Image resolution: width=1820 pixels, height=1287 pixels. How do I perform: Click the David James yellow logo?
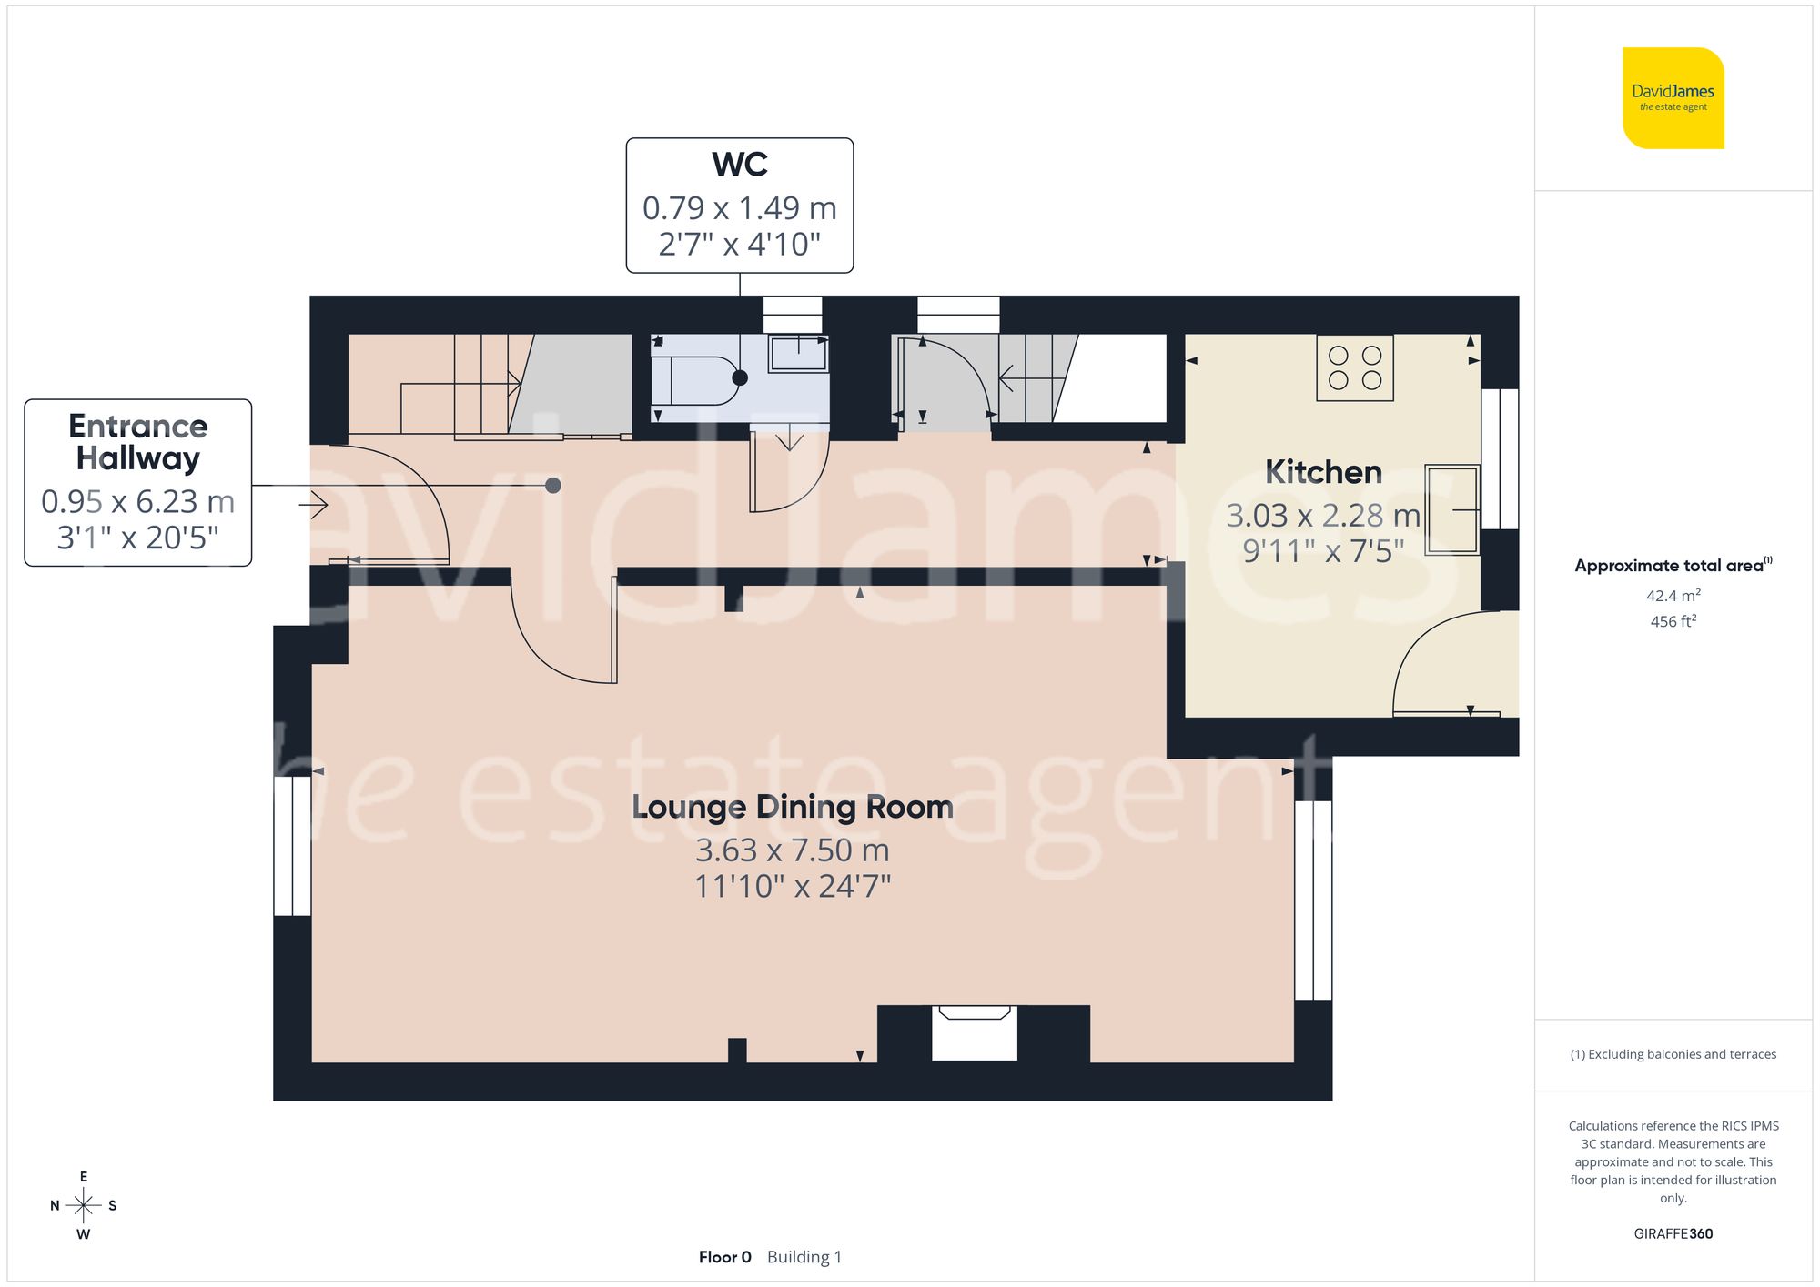click(1673, 98)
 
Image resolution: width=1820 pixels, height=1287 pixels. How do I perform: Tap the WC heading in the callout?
click(739, 165)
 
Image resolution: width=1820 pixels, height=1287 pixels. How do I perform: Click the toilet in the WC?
click(701, 379)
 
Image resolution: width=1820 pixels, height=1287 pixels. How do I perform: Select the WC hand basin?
click(798, 354)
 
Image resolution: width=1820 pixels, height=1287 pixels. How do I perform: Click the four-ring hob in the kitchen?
click(1354, 367)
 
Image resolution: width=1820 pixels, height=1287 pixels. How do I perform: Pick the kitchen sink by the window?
click(1451, 509)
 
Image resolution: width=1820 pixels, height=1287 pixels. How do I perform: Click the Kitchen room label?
click(1323, 472)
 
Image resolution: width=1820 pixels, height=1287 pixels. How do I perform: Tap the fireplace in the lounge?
click(974, 1032)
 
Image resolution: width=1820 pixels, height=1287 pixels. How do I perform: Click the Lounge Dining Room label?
click(792, 807)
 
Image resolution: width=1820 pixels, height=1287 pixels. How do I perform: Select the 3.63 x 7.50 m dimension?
click(792, 850)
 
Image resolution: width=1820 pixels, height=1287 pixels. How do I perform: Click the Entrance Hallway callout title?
click(138, 442)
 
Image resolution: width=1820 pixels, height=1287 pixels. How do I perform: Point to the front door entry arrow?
click(313, 505)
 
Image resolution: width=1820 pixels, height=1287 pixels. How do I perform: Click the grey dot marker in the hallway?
click(552, 486)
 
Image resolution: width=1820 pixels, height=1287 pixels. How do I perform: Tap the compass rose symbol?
click(83, 1206)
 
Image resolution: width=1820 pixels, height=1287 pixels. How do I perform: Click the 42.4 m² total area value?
click(1673, 596)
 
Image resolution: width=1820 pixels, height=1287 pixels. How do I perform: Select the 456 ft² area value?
click(1673, 621)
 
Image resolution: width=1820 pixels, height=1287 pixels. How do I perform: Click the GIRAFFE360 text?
click(1673, 1234)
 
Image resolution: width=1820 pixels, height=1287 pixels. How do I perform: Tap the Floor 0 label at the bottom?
click(724, 1257)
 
